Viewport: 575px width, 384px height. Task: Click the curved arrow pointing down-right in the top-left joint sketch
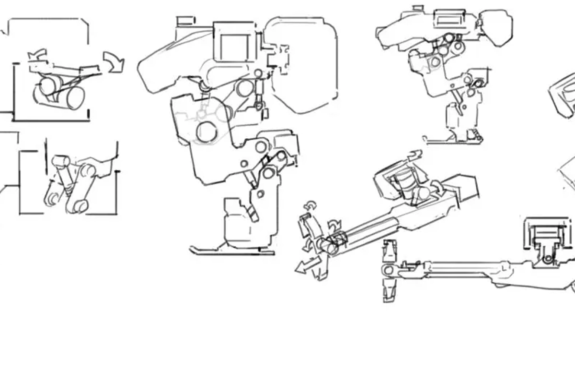coord(115,63)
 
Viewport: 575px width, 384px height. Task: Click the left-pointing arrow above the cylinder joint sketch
coord(37,55)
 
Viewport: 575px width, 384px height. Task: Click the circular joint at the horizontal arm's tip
coord(388,270)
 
